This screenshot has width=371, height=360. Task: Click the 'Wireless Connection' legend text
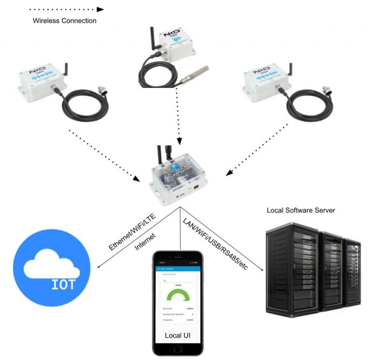click(64, 21)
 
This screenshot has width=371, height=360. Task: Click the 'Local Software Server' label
click(301, 210)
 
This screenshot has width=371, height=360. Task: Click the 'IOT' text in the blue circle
click(63, 284)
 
